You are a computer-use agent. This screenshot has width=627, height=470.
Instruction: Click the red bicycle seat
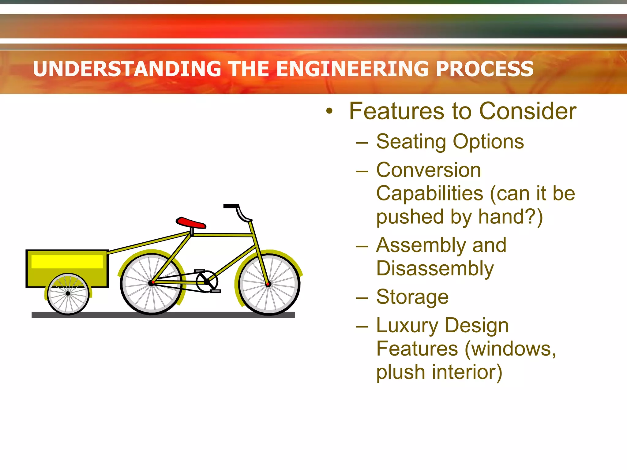[190, 223]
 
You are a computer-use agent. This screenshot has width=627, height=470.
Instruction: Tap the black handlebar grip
[231, 206]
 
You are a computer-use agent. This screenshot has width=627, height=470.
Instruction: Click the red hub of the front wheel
[268, 284]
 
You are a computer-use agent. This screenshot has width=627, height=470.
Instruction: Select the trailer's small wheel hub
[68, 293]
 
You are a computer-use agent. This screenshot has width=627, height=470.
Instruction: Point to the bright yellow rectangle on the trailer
[67, 262]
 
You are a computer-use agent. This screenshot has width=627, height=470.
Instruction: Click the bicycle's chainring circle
[207, 281]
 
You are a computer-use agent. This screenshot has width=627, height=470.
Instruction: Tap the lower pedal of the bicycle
[216, 291]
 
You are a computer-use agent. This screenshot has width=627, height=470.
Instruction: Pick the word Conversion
[428, 170]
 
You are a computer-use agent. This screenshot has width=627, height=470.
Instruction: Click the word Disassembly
[435, 269]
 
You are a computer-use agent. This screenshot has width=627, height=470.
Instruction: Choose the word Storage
[412, 297]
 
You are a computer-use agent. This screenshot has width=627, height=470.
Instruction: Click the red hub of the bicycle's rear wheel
[152, 283]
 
